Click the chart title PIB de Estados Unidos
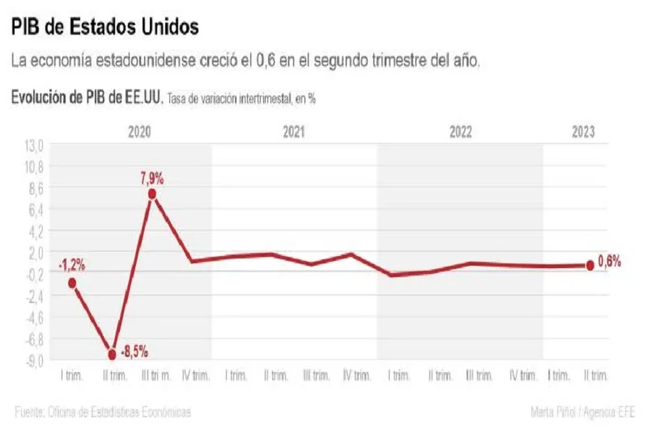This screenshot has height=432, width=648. pos(105,27)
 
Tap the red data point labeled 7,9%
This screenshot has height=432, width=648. pos(152,194)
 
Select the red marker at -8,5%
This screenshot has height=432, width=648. pos(112,353)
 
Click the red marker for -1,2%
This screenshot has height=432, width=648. pos(72,283)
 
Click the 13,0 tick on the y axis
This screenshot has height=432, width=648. pos(34,145)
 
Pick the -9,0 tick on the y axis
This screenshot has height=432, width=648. pos(34,359)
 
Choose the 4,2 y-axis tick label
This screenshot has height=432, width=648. pos(36,231)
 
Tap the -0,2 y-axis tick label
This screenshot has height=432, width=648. pos(35,274)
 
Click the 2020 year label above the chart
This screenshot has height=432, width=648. pos(139,130)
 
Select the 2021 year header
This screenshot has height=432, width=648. pos(294,130)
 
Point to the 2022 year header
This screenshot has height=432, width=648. pos(460,130)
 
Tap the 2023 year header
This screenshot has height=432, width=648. pos(583,130)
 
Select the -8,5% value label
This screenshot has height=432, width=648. pos(134,353)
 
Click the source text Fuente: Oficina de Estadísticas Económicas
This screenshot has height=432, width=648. pos(103,413)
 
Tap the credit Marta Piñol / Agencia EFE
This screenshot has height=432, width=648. pos(582,413)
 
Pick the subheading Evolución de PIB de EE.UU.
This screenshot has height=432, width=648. pos(87,98)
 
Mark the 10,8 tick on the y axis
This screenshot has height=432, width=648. pos(34,167)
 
